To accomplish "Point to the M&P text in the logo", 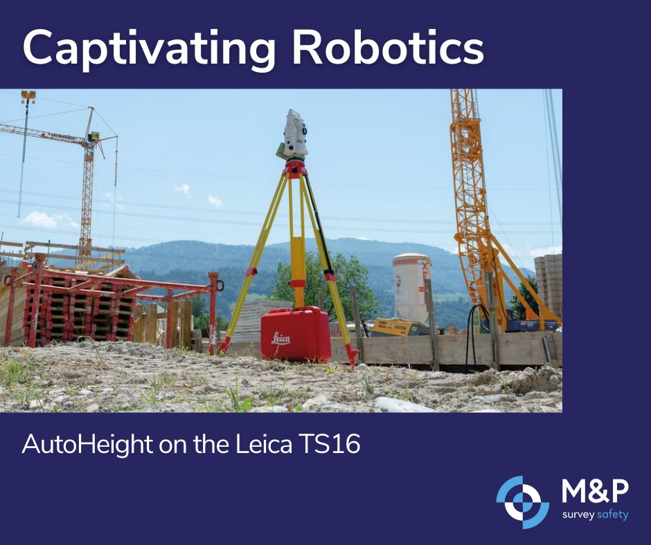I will (594, 492).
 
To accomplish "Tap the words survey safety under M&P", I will (594, 515).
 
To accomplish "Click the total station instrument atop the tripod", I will (294, 133).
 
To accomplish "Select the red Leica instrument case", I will (295, 335).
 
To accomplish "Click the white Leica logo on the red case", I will (280, 339).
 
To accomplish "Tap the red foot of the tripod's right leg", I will (353, 357).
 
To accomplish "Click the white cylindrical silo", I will (411, 286).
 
